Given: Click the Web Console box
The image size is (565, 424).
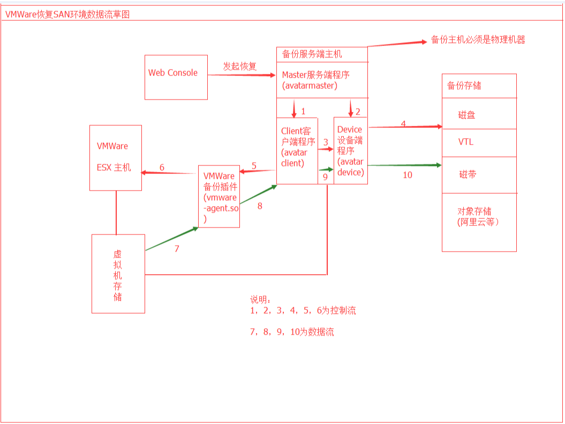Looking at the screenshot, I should click(176, 77).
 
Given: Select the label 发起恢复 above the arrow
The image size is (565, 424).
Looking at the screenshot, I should click(240, 66).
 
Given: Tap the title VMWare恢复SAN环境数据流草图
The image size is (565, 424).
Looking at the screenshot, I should click(67, 14).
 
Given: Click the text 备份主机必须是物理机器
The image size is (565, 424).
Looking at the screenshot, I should click(478, 40).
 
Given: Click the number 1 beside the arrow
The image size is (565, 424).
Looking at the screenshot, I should click(303, 111).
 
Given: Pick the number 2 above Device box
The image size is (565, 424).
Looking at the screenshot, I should click(358, 111).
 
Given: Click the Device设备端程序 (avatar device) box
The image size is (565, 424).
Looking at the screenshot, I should click(350, 151).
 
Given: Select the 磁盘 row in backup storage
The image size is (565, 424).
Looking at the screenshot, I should click(467, 115).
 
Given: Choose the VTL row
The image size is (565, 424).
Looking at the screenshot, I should click(466, 142).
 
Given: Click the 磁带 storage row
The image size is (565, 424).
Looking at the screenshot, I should click(467, 175).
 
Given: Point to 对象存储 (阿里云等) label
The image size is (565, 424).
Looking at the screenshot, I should click(478, 216).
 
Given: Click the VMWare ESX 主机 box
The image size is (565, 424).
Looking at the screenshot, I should click(115, 157).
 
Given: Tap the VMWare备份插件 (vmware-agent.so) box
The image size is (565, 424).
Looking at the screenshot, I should click(219, 196).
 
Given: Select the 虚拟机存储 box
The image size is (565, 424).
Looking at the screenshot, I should click(118, 273).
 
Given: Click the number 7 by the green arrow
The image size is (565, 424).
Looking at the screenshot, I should click(177, 248).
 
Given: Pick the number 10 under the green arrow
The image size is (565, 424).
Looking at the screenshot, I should click(408, 175).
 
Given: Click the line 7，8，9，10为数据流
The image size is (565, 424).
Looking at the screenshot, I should click(292, 332).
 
